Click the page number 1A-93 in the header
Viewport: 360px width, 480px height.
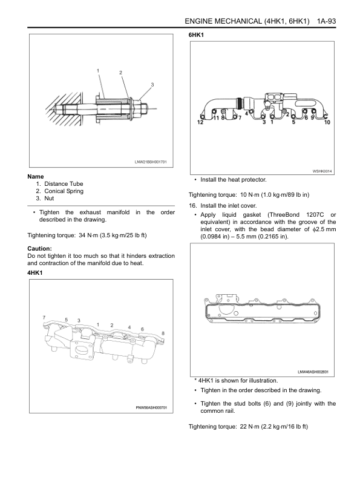pyautogui.click(x=326, y=21)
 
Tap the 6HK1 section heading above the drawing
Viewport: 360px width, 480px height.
pyautogui.click(x=196, y=35)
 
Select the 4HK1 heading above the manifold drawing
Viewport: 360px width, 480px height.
pyautogui.click(x=35, y=273)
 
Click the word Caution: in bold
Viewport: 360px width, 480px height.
pyautogui.click(x=39, y=249)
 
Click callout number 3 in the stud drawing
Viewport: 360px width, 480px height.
pyautogui.click(x=152, y=85)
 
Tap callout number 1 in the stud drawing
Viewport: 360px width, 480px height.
pyautogui.click(x=98, y=71)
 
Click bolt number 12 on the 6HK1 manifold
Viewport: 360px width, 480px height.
pyautogui.click(x=200, y=122)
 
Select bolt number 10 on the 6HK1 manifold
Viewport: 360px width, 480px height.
pyautogui.click(x=327, y=122)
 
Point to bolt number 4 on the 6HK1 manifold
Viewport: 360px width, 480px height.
pyautogui.click(x=247, y=113)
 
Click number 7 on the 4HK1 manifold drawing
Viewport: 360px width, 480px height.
pyautogui.click(x=44, y=317)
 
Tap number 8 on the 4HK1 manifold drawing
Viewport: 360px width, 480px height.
pyautogui.click(x=163, y=334)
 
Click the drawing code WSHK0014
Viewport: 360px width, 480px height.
pyautogui.click(x=322, y=171)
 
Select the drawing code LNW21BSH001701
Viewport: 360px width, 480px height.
pyautogui.click(x=151, y=162)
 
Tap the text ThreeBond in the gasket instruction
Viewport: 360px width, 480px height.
pyautogui.click(x=284, y=215)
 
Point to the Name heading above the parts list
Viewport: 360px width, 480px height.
pyautogui.click(x=36, y=177)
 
